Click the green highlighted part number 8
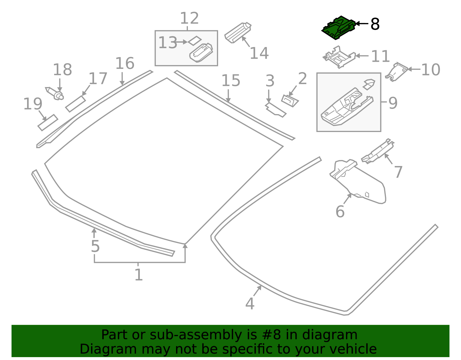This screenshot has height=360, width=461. [x=339, y=28]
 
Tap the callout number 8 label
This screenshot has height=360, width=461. [x=375, y=24]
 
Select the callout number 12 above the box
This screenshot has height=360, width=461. [x=190, y=18]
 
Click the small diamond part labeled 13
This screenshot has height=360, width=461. [x=195, y=41]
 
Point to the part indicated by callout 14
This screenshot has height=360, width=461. [x=238, y=33]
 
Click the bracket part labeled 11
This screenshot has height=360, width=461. [x=339, y=57]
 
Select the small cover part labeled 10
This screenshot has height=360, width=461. [x=396, y=72]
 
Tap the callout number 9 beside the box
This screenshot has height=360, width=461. [x=393, y=103]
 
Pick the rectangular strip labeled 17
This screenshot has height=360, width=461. [x=75, y=104]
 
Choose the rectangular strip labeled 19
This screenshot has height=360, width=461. [x=48, y=122]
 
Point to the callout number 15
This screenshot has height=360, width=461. [x=231, y=80]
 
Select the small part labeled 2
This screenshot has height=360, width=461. [x=290, y=101]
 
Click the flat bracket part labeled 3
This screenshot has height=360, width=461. [x=275, y=110]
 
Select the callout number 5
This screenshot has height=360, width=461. [x=95, y=246]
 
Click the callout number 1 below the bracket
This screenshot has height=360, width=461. [x=139, y=274]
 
